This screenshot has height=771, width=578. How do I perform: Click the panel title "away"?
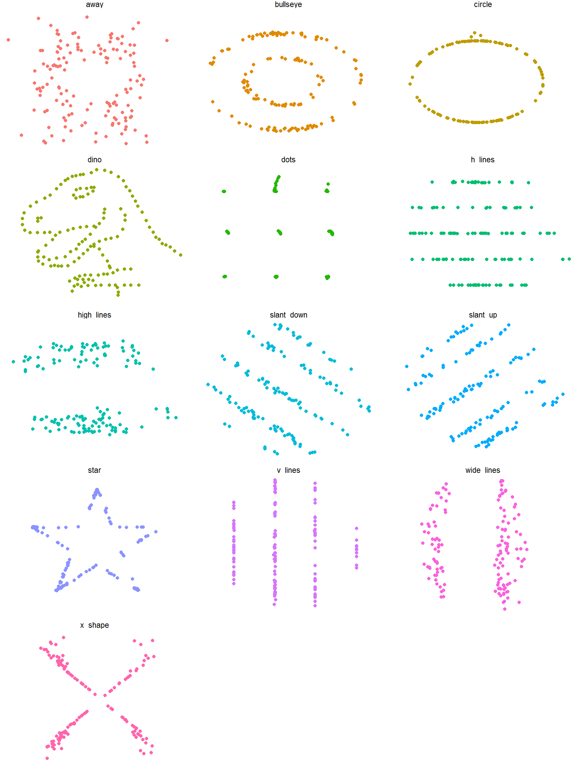point(94,5)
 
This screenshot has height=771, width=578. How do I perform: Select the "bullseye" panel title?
point(288,5)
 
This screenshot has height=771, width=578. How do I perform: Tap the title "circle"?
point(483,5)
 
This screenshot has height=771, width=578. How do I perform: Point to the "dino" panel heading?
point(94,160)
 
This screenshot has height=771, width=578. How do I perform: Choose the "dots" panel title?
point(288,160)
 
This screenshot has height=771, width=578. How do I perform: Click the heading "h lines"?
point(483,160)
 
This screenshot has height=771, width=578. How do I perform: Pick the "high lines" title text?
point(94,315)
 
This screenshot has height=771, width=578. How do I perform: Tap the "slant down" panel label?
point(288,315)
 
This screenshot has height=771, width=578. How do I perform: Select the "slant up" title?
point(483,315)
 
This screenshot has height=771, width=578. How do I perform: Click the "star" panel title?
point(94,470)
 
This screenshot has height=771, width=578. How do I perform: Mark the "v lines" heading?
point(288,470)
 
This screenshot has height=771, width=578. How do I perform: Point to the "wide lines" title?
point(483,470)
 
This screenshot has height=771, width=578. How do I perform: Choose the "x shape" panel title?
point(94,625)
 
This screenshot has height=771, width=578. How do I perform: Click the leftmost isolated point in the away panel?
point(8,40)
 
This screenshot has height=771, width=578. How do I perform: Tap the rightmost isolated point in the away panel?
point(167,40)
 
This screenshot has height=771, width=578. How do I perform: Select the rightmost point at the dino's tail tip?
point(181,255)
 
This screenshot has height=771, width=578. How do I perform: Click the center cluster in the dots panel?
point(279,232)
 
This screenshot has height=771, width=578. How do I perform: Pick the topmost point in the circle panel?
point(475,33)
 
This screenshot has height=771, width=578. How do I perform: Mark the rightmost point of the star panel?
point(156,532)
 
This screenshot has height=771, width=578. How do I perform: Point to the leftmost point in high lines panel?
point(13,362)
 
